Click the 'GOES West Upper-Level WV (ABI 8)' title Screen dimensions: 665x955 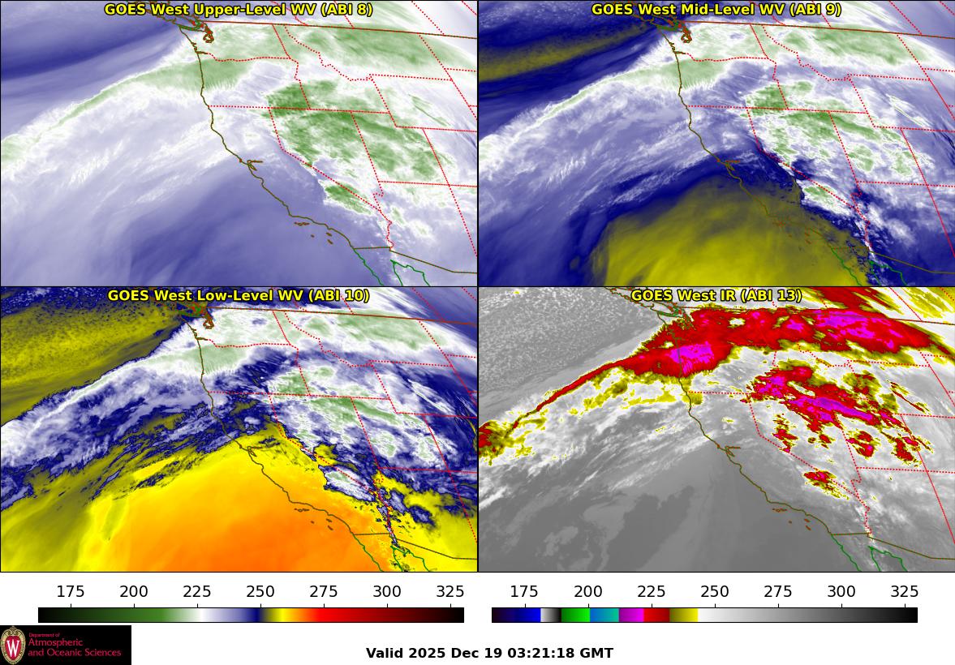pos(239,10)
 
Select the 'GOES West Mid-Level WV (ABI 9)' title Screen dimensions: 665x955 pos(716,10)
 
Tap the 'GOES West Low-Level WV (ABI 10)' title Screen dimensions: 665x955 pos(239,296)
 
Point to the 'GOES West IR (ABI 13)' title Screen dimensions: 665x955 pos(716,296)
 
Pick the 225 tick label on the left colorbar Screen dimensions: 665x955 pos(197,591)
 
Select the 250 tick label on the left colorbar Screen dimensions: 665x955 pos(260,591)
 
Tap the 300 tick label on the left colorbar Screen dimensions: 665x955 pos(387,591)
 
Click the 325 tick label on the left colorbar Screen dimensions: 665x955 pos(450,591)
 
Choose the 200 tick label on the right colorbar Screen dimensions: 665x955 pos(587,591)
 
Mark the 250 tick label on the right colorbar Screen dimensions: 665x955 pos(714,591)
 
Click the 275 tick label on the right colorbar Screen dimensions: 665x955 pos(777,591)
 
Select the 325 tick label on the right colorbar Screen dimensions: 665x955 pos(904,591)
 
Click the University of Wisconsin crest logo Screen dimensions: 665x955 pos(13,646)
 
